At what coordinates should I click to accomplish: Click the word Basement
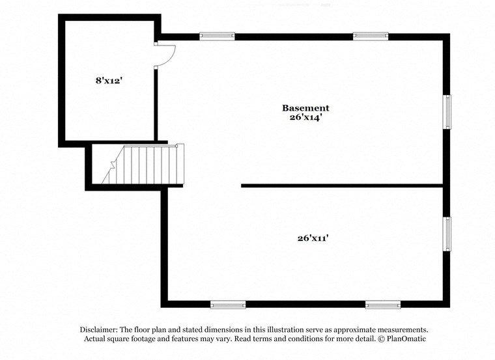(305, 107)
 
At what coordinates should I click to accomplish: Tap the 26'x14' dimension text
(305, 118)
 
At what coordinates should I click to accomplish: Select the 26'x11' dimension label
(313, 238)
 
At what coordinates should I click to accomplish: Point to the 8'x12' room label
(109, 81)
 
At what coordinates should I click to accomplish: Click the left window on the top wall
(217, 36)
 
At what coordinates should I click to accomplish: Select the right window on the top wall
(371, 36)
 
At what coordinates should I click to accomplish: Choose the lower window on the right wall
(447, 233)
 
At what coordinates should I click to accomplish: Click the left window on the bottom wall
(228, 304)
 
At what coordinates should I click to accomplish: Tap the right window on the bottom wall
(383, 304)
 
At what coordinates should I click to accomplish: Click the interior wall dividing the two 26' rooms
(342, 186)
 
